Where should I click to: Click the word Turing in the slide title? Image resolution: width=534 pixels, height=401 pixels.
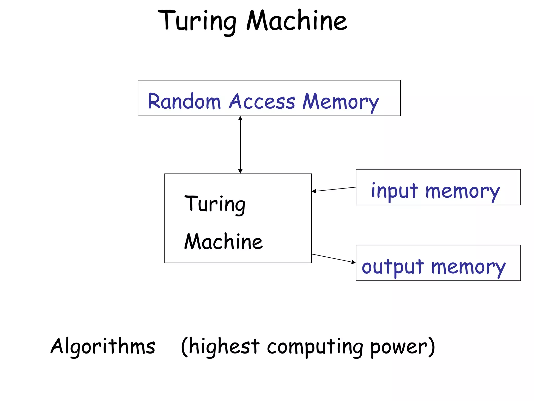[197, 21]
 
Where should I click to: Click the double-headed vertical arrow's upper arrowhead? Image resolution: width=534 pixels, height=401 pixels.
[240, 119]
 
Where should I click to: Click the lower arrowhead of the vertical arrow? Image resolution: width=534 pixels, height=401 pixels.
[240, 171]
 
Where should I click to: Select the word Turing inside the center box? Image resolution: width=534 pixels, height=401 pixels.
[215, 204]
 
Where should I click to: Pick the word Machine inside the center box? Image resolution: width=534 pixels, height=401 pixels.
[223, 242]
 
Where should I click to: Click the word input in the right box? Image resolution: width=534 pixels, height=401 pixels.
[395, 191]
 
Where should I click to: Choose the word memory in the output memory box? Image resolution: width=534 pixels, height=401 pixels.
[468, 268]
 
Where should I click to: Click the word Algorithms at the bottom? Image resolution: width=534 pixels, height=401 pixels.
[103, 346]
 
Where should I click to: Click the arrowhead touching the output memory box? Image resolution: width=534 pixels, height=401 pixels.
[354, 262]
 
